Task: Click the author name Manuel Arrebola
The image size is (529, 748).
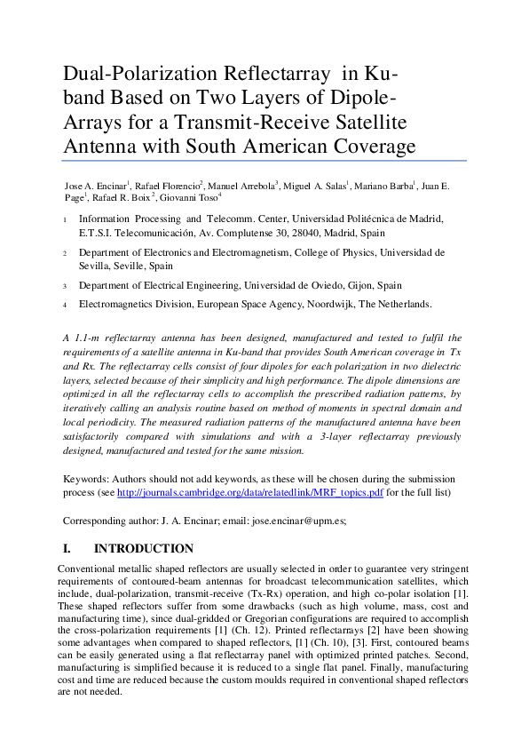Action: click(242, 185)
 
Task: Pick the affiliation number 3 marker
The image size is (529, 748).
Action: click(65, 286)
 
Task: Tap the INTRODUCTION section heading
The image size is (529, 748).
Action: click(143, 548)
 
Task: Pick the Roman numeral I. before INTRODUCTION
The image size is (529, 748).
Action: click(67, 548)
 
